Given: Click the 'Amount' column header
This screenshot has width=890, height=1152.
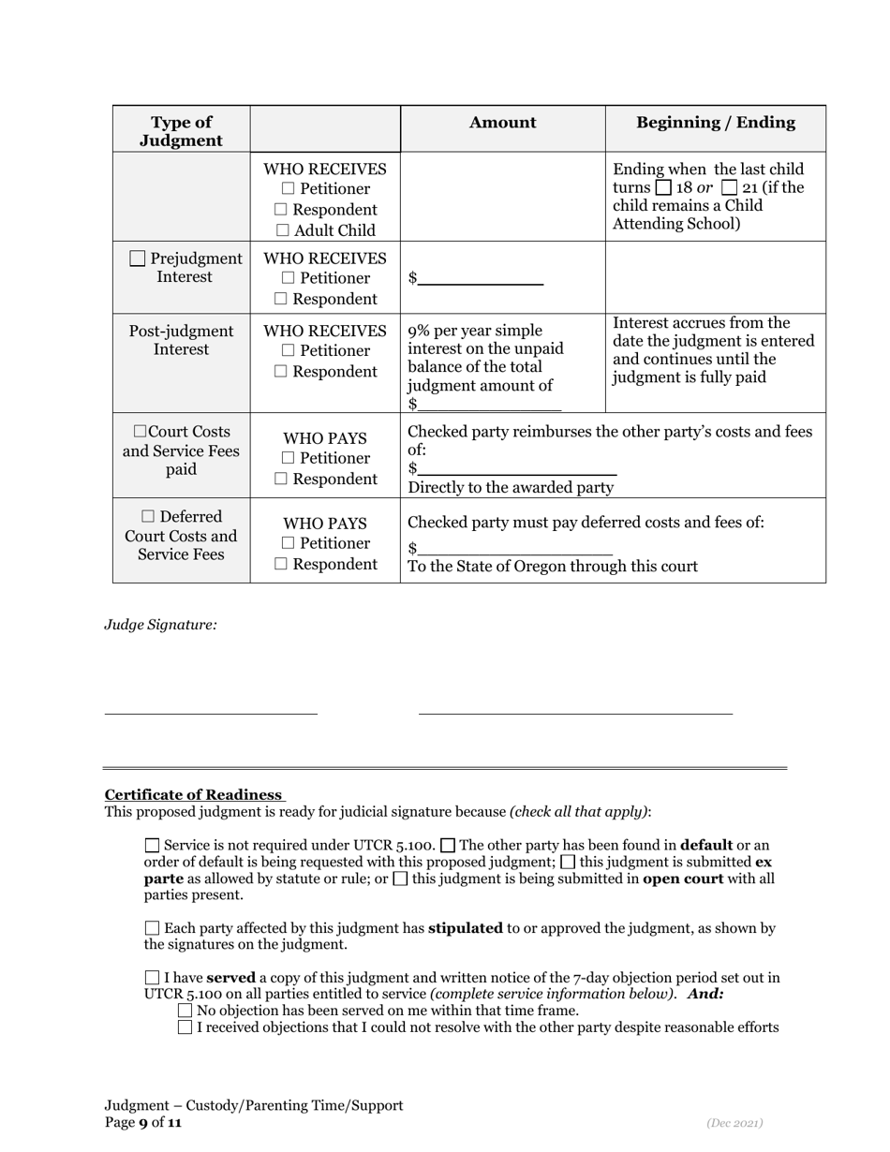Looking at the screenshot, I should coord(502,123).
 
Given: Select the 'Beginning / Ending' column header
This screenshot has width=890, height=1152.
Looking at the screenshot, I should coord(716,123).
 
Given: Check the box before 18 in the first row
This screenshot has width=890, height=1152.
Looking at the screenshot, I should coord(663,187).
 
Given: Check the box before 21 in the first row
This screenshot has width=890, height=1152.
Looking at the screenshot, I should coord(730,187).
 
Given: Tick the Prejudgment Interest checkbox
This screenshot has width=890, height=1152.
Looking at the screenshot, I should coord(138,258).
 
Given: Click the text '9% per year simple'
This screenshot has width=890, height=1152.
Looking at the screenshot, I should coord(474,331).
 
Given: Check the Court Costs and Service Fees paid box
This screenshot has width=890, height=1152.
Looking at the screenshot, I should coord(140,432).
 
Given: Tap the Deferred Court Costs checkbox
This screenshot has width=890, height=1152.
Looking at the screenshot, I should coord(149,517).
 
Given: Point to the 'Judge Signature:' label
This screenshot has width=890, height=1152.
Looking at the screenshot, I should coord(160,625).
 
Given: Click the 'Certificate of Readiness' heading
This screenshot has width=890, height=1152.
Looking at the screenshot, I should coord(193,795).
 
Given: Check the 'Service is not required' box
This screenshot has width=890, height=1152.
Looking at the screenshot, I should coord(153,845).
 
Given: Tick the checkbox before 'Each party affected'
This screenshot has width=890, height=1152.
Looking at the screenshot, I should coord(153,928).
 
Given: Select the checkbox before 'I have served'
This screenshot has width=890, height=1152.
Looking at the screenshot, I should coord(153,978).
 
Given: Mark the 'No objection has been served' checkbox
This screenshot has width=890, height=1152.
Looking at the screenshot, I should coord(185,1011).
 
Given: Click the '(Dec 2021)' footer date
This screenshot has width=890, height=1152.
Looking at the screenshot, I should coord(734,1122).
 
